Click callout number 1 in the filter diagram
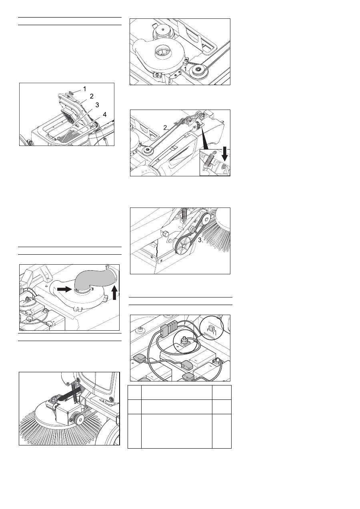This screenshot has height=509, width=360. tap(84, 89)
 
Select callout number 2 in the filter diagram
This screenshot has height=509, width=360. tap(92, 96)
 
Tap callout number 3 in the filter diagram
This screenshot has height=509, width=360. tap(97, 105)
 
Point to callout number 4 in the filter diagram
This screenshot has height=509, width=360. tap(104, 114)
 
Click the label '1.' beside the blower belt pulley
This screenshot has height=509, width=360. tap(186, 69)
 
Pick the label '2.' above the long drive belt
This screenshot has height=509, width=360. tap(166, 128)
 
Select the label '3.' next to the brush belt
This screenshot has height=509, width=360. tap(200, 240)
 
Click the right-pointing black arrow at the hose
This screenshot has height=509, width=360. tap(64, 289)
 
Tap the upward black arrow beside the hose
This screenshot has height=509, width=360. tap(115, 293)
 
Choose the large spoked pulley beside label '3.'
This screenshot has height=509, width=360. tap(184, 246)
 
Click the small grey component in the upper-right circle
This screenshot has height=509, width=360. tap(211, 328)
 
